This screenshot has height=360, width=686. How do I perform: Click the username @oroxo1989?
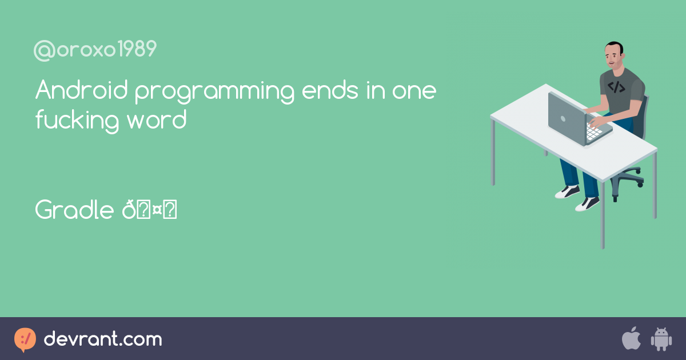(x=95, y=50)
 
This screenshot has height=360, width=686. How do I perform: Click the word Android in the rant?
(x=82, y=91)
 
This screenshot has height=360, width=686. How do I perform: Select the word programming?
(x=214, y=93)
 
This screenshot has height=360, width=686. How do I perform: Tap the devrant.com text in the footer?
(x=103, y=339)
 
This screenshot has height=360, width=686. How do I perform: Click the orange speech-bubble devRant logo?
(x=25, y=339)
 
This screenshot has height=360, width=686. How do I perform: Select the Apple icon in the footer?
(x=631, y=339)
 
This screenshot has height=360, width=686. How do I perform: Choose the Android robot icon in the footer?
(x=661, y=339)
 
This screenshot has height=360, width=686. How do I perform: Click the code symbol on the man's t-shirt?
(x=616, y=87)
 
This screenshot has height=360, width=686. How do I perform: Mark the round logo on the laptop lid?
(x=563, y=119)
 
